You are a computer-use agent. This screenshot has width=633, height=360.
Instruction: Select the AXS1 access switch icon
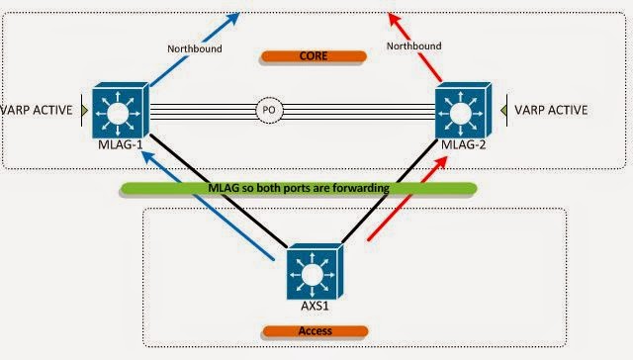click(312, 270)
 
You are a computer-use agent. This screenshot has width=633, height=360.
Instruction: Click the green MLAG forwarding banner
click(298, 187)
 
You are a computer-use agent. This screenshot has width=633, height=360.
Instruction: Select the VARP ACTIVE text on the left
click(37, 110)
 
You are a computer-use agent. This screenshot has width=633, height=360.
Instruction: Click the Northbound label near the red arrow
click(413, 45)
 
